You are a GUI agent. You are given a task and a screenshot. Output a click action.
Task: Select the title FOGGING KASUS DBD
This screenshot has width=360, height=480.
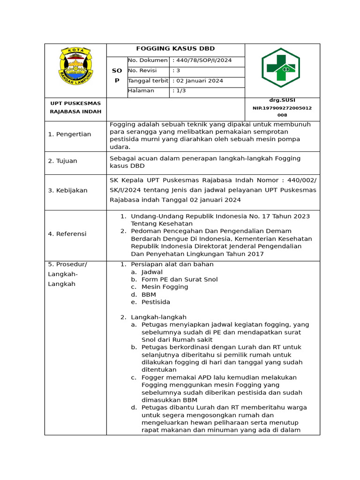[175, 49]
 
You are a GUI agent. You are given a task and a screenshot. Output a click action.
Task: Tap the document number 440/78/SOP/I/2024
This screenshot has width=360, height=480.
[202, 60]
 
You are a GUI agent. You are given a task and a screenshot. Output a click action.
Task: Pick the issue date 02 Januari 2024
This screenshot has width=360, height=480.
[198, 81]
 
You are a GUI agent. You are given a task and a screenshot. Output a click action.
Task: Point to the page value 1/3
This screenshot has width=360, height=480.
[180, 90]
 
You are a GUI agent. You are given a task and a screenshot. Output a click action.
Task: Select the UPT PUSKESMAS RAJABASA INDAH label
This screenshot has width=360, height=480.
[75, 107]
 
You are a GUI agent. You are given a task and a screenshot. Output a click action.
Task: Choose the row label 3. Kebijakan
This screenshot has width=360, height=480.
[67, 190]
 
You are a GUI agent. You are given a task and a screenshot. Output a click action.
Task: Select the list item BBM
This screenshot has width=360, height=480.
[149, 294]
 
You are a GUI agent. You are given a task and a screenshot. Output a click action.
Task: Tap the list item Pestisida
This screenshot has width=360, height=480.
[156, 302]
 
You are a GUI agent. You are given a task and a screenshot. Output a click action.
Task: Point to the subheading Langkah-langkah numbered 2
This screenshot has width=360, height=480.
[158, 317]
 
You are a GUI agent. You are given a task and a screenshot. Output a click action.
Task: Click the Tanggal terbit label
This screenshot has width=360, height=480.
[148, 81]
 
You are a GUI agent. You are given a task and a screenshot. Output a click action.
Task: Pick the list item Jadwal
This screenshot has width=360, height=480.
[152, 272]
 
